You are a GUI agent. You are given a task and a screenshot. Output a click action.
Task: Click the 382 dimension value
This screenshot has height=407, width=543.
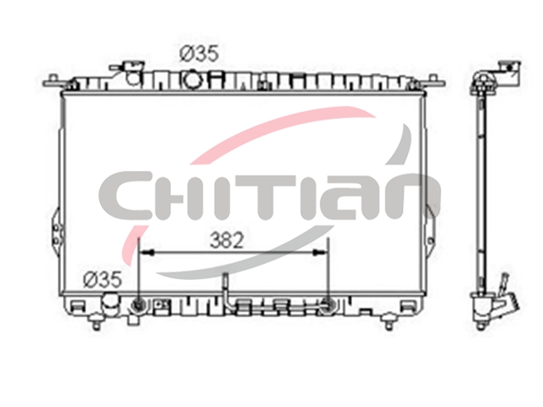tap(227, 240)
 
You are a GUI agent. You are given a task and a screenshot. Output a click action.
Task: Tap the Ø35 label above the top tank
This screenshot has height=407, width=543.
tap(200, 54)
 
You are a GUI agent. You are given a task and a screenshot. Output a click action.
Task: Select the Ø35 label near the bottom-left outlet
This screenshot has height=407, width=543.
tap(103, 279)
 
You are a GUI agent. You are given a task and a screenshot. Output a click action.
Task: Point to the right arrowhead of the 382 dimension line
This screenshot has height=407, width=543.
tap(320, 253)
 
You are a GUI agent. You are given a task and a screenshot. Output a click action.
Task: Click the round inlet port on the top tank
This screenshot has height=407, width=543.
tap(192, 79)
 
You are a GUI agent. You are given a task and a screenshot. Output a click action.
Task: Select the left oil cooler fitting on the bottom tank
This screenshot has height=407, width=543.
tap(138, 305)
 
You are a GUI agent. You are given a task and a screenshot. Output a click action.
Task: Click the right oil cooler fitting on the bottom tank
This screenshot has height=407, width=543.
tap(327, 305)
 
